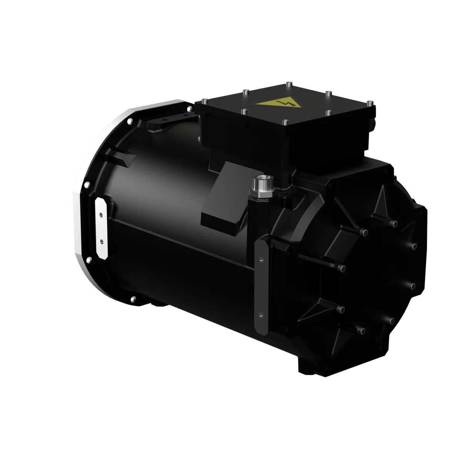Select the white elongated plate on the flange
pos(101,228)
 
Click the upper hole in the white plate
pos(101,214)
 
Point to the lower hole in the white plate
pos(101,242)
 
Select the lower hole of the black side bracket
pos(262,314)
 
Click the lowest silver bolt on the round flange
pos(133,299)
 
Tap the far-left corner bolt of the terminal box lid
pos(204,101)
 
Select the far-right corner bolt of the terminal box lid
pos(369,103)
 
